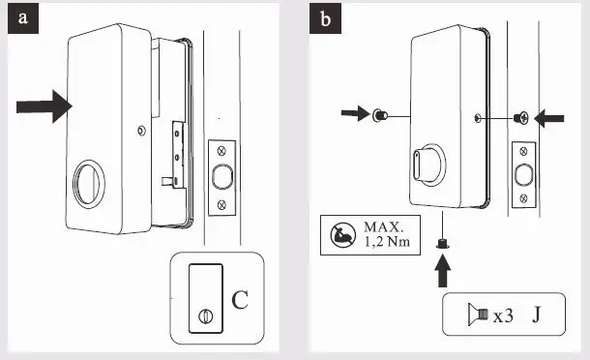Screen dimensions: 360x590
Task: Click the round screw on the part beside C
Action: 204,315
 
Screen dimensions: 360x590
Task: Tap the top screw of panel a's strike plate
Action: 221,150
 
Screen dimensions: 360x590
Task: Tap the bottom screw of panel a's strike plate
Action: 221,203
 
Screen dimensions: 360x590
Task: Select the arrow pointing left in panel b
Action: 552,118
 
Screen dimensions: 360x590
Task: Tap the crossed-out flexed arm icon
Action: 342,236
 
